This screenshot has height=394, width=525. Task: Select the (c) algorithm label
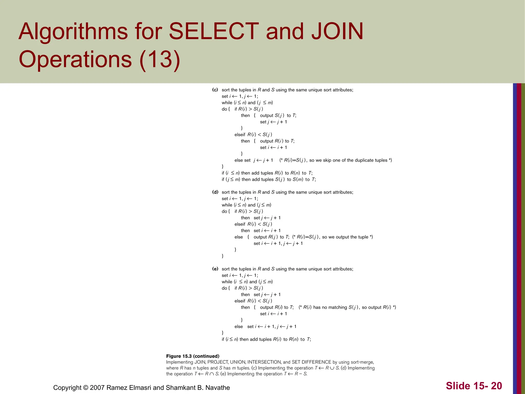tap(215, 90)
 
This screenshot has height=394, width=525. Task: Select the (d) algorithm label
tap(215, 192)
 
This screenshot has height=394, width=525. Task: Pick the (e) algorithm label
tap(215, 269)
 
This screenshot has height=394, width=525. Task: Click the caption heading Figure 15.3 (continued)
tap(193, 356)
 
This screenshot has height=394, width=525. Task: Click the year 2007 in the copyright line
tap(97, 388)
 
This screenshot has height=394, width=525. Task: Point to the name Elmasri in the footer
tap(140, 388)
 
